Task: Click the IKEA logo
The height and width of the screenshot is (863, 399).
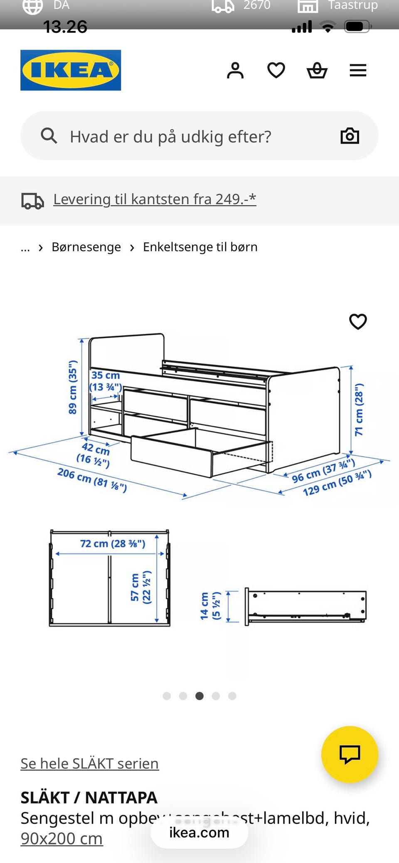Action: [71, 70]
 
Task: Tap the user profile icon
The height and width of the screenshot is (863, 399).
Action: [235, 70]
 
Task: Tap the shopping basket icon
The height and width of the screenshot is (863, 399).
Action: [317, 70]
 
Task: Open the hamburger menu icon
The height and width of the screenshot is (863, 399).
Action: [358, 70]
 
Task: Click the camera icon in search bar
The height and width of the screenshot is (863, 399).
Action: [350, 136]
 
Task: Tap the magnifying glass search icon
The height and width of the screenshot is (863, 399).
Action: [49, 136]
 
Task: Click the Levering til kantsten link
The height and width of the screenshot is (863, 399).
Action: [154, 199]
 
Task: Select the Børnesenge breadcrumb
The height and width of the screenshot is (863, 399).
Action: [86, 247]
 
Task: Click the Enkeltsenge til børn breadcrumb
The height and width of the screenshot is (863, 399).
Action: [200, 247]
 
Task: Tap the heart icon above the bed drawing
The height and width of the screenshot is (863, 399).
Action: [358, 321]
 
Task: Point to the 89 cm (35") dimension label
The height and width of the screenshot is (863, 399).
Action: [73, 387]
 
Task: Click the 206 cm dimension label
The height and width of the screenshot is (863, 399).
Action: [92, 480]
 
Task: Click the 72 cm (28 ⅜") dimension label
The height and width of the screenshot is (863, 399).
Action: [112, 544]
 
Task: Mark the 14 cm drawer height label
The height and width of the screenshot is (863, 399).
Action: [210, 606]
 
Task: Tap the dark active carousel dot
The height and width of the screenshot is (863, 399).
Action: [199, 696]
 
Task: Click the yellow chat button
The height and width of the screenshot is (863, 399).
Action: [350, 754]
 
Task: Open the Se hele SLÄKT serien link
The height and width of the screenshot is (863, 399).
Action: [89, 763]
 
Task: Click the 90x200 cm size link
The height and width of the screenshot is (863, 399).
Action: [62, 838]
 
